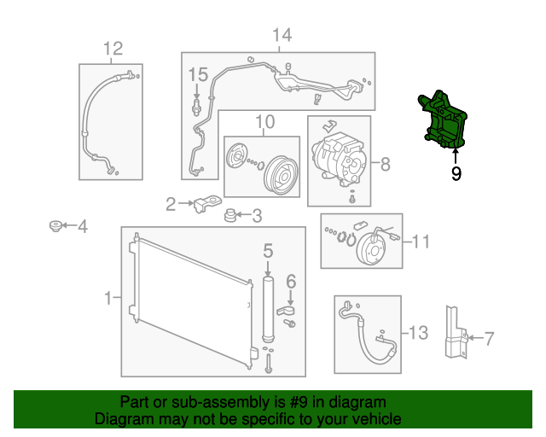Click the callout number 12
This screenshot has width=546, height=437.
113,49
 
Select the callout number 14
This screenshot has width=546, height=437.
282,35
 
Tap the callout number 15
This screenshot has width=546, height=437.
198,73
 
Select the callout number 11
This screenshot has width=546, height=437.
421,242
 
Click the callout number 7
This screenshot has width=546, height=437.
489,339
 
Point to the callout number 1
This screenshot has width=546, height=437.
108,298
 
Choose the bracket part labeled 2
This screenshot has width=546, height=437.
204,204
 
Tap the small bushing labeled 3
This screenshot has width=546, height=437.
230,215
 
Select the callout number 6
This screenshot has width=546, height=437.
291,281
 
